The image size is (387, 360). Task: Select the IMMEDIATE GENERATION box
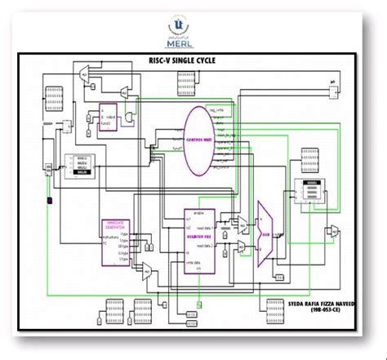[114, 241]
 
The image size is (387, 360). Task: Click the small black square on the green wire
[50, 200]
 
